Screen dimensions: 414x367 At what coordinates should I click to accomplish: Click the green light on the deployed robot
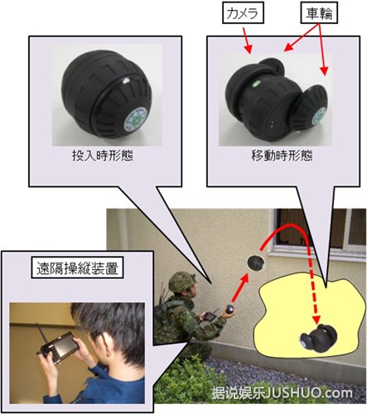tap(255, 83)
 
